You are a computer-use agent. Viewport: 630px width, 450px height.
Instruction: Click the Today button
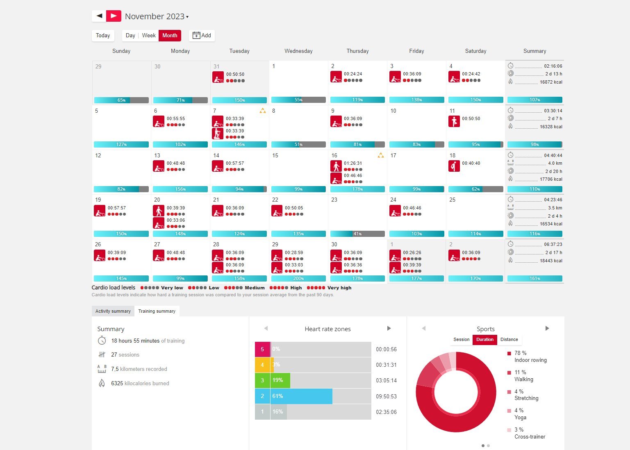coord(103,36)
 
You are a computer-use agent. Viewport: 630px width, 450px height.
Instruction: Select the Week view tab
coord(149,36)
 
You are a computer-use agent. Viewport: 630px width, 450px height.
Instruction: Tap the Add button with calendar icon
coord(202,36)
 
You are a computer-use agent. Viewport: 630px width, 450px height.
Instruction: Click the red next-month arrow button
coord(114,16)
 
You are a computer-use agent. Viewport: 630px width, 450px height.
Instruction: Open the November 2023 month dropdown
coord(157,16)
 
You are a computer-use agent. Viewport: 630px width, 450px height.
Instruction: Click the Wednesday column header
coord(298,51)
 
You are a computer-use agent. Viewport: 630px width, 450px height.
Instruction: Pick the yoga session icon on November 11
coord(454,121)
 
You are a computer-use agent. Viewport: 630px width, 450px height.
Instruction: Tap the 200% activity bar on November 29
coord(298,279)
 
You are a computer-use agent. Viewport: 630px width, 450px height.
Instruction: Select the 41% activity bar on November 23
coord(357,234)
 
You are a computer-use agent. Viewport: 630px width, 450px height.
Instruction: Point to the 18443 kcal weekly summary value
coord(551,261)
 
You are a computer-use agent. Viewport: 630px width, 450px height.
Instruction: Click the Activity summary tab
coord(113,311)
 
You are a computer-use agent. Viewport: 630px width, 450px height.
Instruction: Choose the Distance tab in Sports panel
coord(509,339)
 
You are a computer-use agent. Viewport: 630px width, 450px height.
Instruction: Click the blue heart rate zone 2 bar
coord(301,396)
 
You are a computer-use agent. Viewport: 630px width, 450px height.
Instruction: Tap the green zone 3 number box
coord(262,380)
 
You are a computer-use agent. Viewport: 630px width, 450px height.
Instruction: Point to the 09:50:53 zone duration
coord(386,396)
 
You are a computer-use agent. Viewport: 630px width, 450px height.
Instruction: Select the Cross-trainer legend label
coord(530,437)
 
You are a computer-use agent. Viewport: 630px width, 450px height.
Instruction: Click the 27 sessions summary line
coord(125,355)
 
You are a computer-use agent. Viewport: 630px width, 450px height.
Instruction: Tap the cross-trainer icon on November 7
coord(218,134)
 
